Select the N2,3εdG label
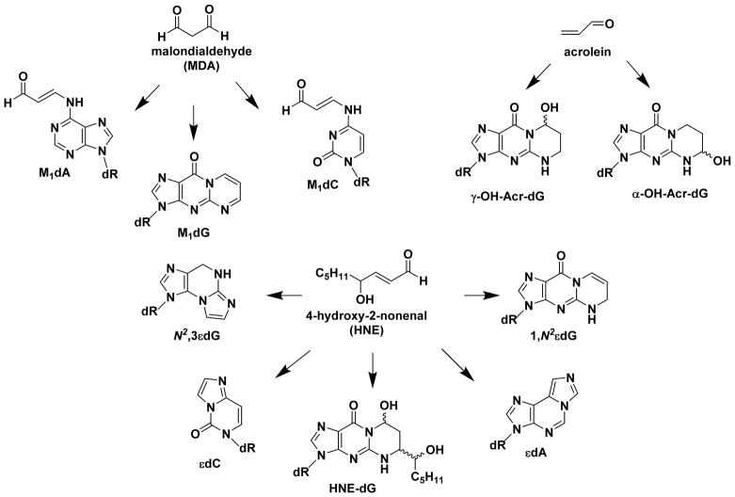[151, 329]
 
